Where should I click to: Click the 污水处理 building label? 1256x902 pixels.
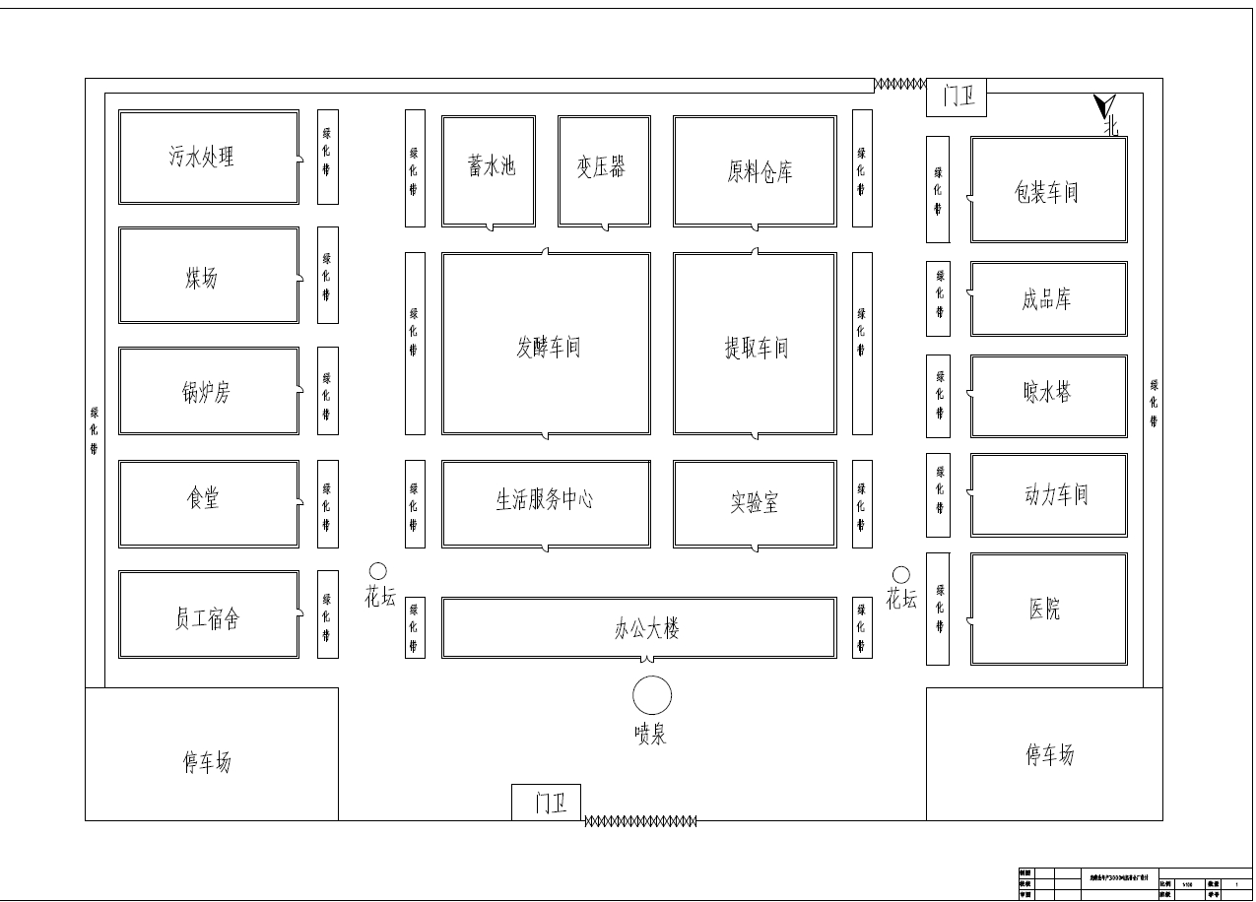(201, 157)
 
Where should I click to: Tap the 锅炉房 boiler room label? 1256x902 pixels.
(206, 392)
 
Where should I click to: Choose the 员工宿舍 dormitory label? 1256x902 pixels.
(206, 618)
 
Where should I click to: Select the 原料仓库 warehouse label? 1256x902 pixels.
(759, 172)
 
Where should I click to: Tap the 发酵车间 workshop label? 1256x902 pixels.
(548, 347)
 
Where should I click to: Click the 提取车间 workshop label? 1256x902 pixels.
(756, 347)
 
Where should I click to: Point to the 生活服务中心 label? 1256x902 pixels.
(544, 499)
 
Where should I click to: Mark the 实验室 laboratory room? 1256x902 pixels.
(755, 503)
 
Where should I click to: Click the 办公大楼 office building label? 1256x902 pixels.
(646, 628)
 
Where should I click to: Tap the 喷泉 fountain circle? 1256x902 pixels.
(651, 695)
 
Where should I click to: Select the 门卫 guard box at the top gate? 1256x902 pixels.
(957, 97)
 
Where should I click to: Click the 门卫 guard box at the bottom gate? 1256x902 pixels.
(547, 803)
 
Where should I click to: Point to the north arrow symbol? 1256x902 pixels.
(1106, 106)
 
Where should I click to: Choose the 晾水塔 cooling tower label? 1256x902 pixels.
(1046, 393)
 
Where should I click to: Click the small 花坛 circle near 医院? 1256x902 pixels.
(900, 575)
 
